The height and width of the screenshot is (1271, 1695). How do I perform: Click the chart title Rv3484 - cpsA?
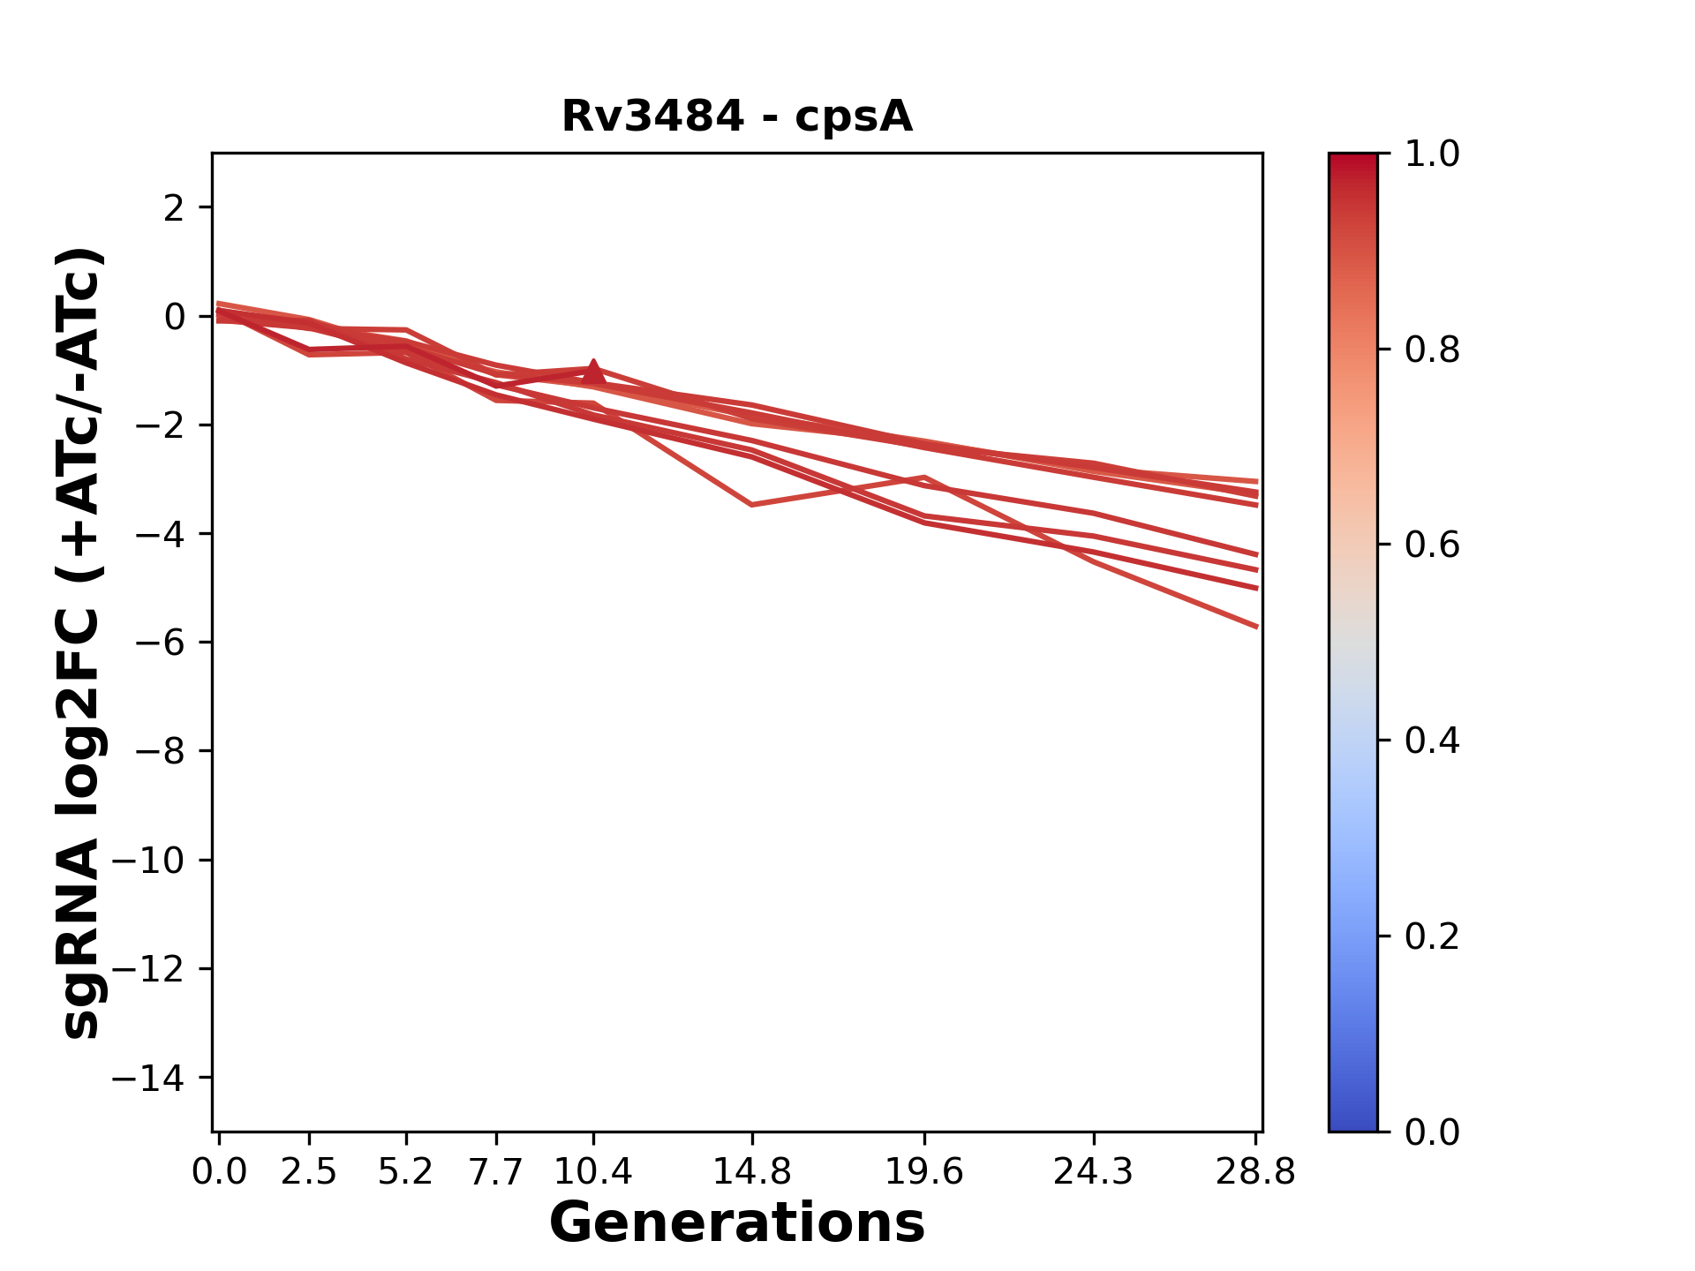pyautogui.click(x=737, y=117)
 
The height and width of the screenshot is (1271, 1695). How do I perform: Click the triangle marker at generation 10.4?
pyautogui.click(x=593, y=372)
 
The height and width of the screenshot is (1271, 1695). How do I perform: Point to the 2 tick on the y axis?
pyautogui.click(x=174, y=208)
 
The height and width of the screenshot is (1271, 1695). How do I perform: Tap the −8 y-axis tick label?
pyautogui.click(x=160, y=752)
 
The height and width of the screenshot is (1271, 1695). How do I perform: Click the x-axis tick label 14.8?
pyautogui.click(x=751, y=1171)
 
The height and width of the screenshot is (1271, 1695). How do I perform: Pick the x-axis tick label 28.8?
pyautogui.click(x=1255, y=1171)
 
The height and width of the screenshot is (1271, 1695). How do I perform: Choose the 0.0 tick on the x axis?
pyautogui.click(x=219, y=1171)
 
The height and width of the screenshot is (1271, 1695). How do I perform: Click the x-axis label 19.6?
pyautogui.click(x=924, y=1171)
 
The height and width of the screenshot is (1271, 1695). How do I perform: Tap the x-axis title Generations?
pyautogui.click(x=737, y=1223)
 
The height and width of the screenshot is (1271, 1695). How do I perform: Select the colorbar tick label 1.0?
pyautogui.click(x=1432, y=154)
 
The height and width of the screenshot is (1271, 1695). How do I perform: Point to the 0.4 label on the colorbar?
pyautogui.click(x=1432, y=741)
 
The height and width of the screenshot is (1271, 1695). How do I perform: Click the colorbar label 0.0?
pyautogui.click(x=1432, y=1132)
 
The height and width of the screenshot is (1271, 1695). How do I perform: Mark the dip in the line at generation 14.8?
pyautogui.click(x=751, y=505)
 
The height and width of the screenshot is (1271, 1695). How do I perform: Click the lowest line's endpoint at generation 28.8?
pyautogui.click(x=1256, y=627)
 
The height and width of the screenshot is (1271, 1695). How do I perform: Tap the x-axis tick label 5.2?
pyautogui.click(x=406, y=1171)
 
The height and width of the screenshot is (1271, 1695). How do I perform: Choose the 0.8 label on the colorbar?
pyautogui.click(x=1432, y=350)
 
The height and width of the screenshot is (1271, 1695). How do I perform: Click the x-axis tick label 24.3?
pyautogui.click(x=1094, y=1171)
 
